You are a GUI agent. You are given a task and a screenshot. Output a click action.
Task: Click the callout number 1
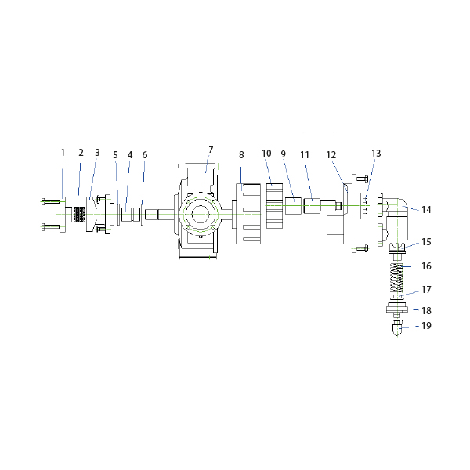[x=63, y=153]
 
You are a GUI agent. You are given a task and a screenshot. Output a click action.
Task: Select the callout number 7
[x=211, y=150]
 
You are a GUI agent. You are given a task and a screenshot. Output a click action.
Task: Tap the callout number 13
[x=376, y=154]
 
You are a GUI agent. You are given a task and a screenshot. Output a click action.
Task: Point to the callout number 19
[x=426, y=326]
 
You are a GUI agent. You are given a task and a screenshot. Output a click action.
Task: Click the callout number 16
[x=426, y=266]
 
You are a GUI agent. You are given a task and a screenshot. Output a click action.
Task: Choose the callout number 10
[x=266, y=154]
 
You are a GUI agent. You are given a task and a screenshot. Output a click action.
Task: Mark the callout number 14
[x=426, y=209]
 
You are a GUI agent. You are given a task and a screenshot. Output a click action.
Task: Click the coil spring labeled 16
[x=397, y=277]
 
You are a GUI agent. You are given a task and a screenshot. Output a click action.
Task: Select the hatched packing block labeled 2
[x=79, y=215]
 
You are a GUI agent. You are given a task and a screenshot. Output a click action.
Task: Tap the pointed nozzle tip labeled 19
[x=397, y=327]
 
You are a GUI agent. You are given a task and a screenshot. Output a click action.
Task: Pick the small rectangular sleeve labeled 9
[x=293, y=205]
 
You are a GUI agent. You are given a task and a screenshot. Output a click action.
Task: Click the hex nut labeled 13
[x=365, y=205]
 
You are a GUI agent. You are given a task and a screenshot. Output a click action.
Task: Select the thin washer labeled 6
[x=142, y=215]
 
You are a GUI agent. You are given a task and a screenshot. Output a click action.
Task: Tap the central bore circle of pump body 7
[x=201, y=215]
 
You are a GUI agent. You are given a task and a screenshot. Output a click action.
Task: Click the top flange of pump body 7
[x=201, y=166]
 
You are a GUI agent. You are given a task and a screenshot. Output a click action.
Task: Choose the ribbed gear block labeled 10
[x=275, y=206]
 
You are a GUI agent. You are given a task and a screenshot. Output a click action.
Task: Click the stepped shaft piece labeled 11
[x=323, y=205]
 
